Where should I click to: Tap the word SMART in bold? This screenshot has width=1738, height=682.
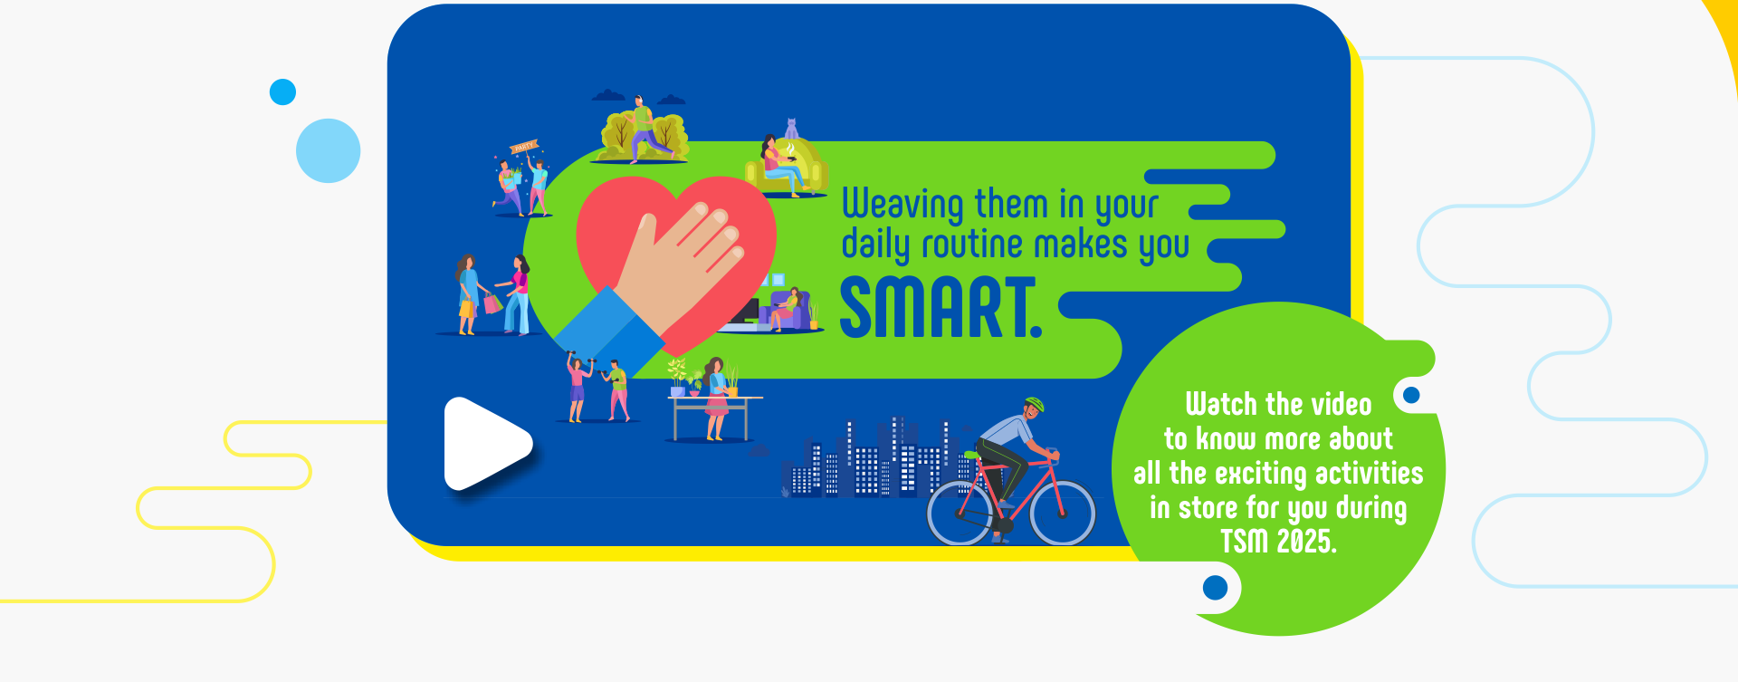941,308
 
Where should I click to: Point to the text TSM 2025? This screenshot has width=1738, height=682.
1278,542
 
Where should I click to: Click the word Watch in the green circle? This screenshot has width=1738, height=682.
1222,404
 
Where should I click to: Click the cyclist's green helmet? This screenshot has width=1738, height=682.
1035,403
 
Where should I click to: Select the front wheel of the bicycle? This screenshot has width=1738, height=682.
1063,513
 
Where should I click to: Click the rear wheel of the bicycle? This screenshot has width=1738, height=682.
960,513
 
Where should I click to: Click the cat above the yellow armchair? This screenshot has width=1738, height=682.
791,129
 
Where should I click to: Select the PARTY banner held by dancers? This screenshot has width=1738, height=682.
524,147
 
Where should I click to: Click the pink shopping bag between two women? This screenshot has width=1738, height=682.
492,303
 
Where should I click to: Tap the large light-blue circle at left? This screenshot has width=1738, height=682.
328,150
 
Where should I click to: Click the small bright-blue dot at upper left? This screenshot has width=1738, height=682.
283,91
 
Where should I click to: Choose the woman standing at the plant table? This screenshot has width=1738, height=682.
716,399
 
